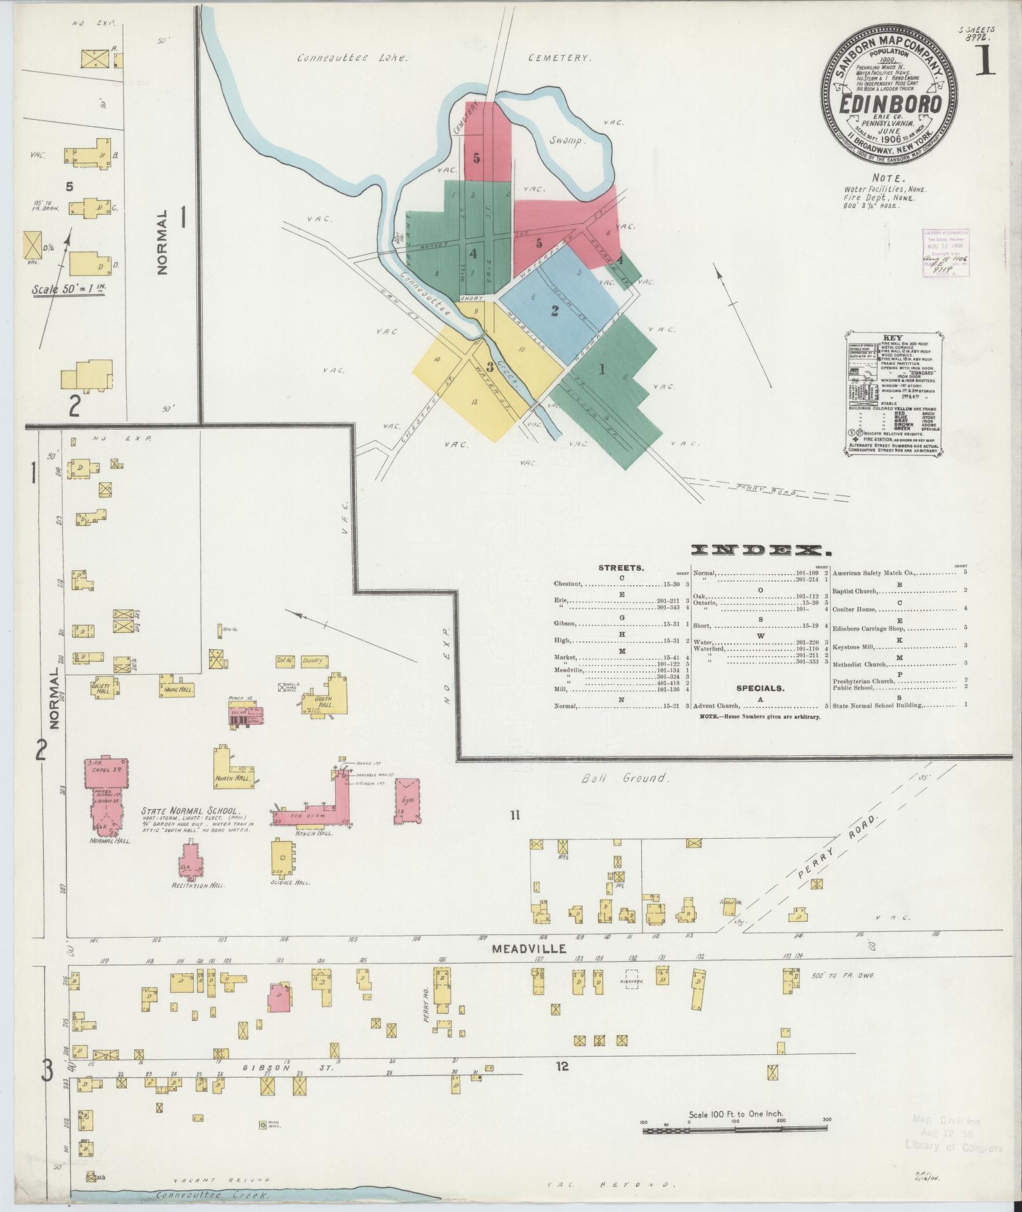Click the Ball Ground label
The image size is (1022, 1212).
(626, 777)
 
